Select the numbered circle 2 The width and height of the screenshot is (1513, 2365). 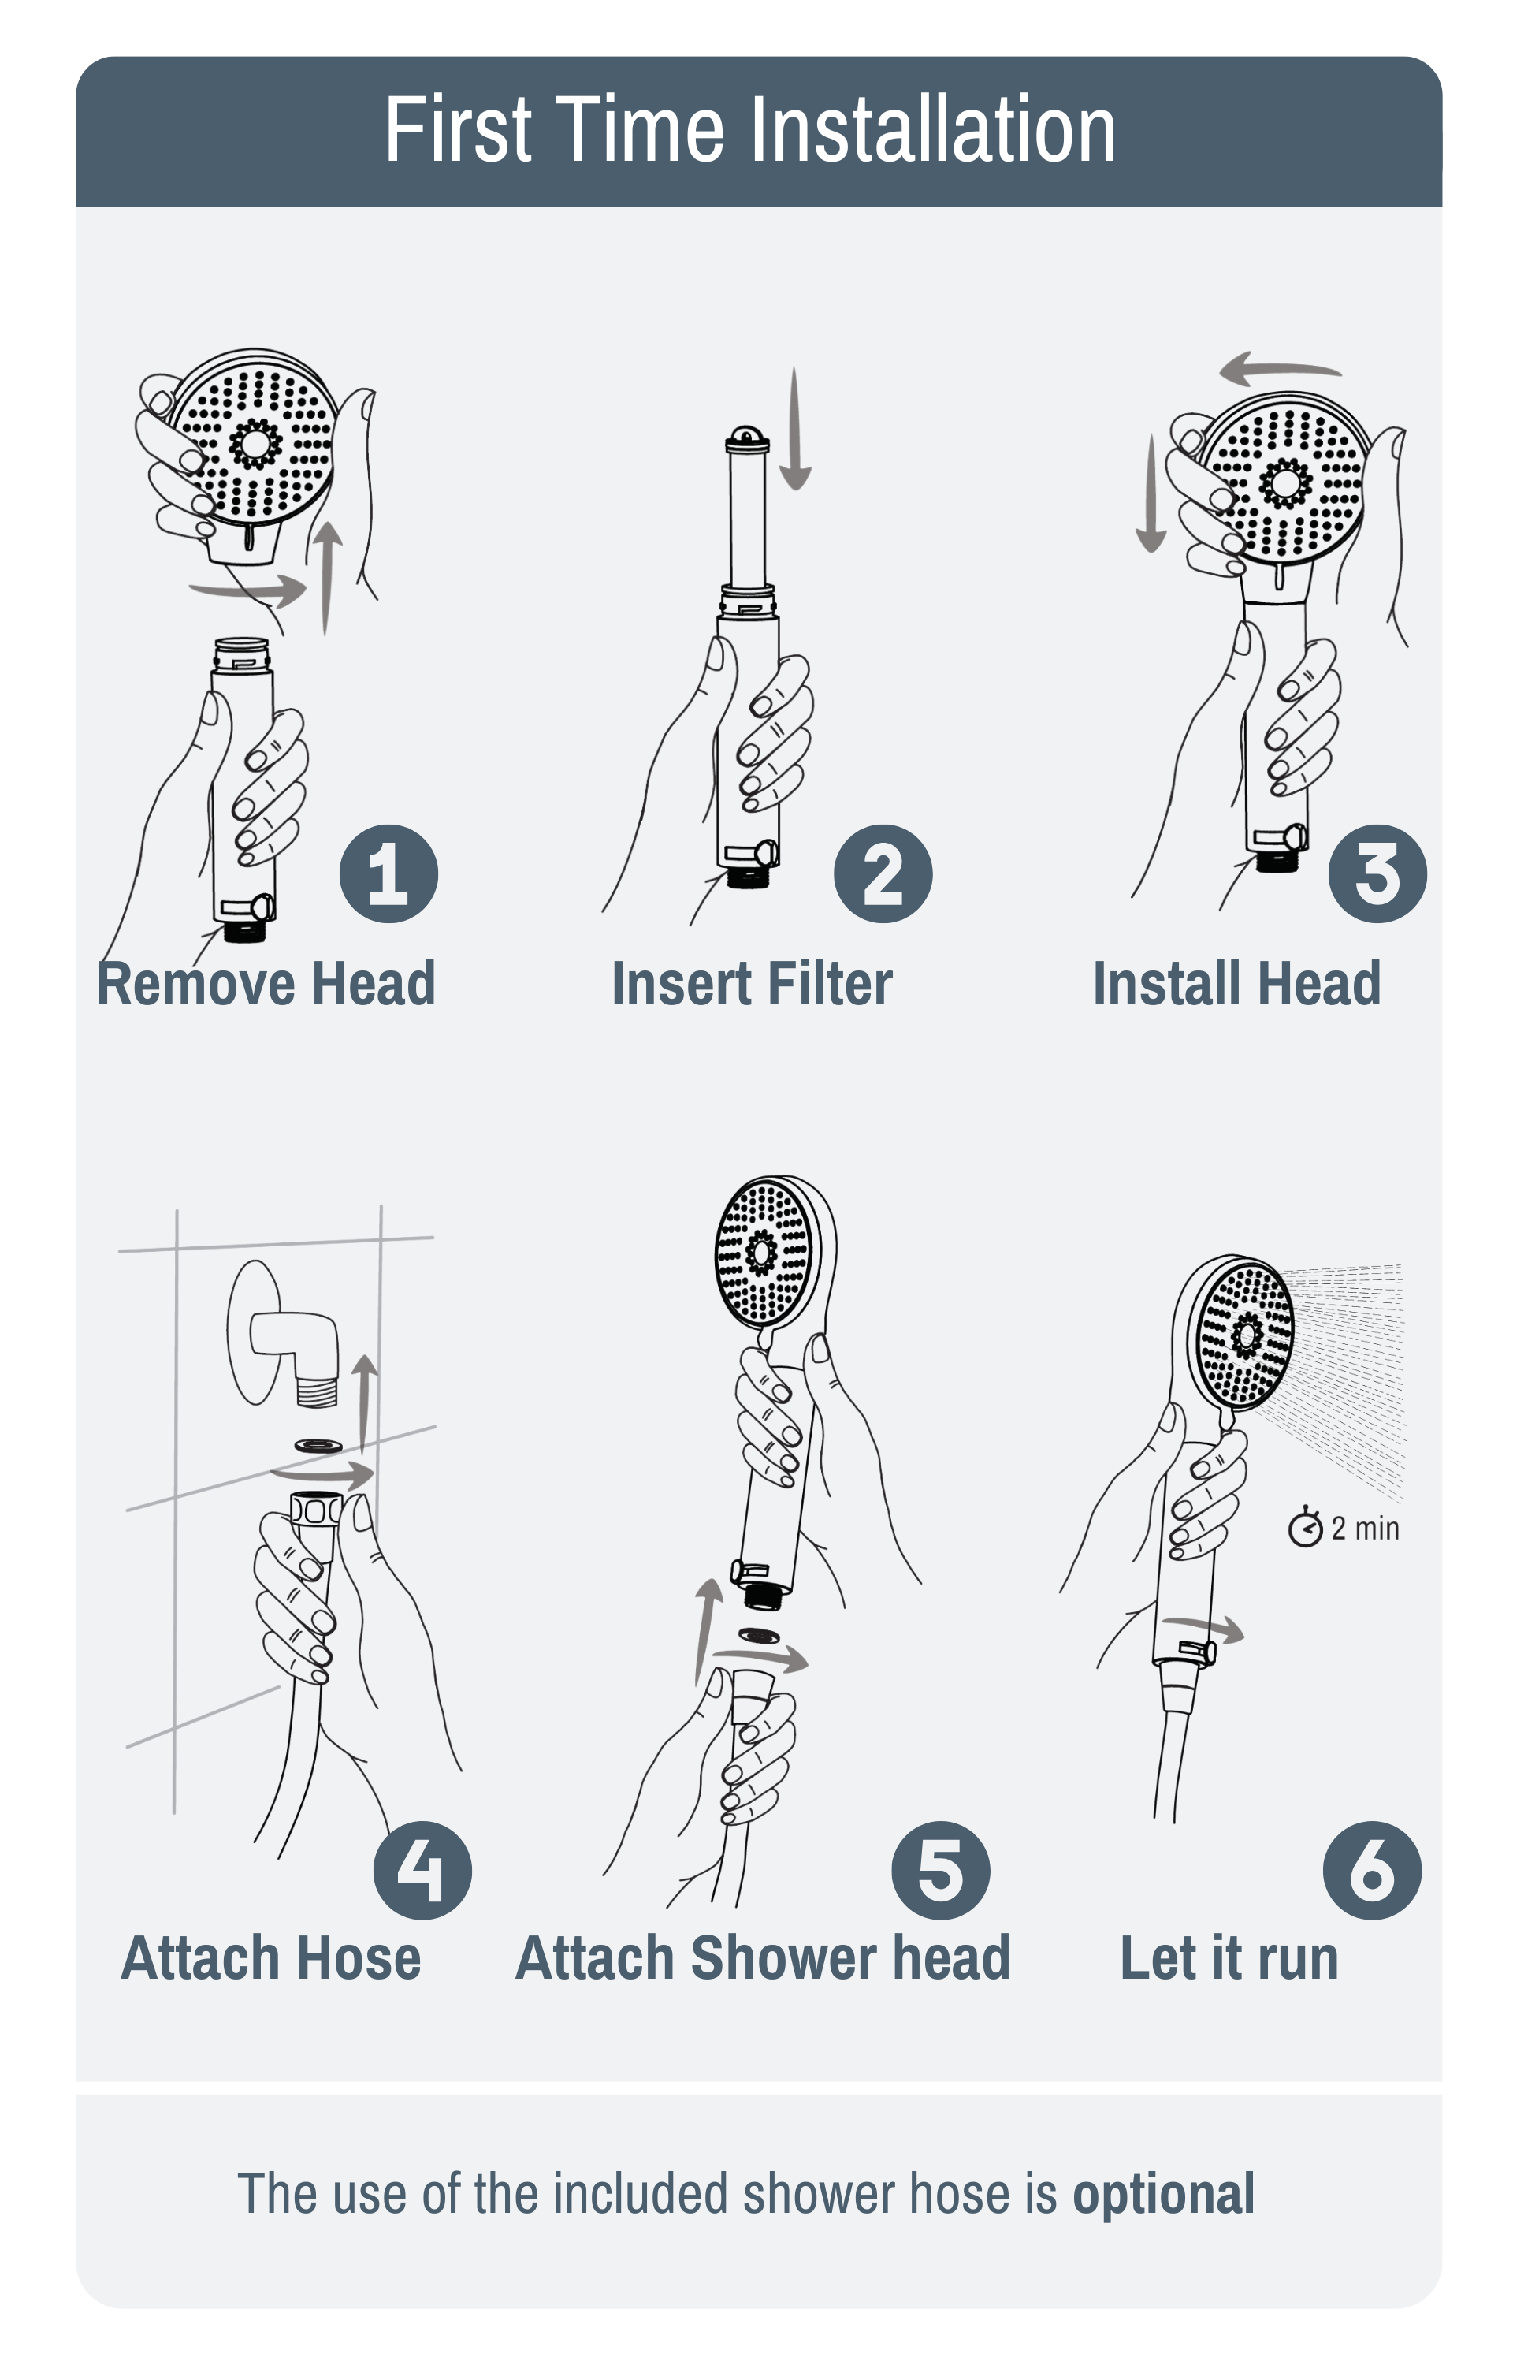(883, 873)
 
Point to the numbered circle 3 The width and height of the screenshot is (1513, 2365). (1377, 873)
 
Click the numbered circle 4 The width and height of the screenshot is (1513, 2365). (422, 1870)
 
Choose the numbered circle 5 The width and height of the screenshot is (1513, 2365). (940, 1870)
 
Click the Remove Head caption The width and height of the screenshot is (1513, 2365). (266, 984)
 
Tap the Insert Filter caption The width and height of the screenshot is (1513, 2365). (752, 984)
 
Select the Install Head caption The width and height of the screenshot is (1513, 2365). (1237, 984)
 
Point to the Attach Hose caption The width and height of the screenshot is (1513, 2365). (271, 1958)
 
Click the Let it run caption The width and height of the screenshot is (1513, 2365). (1229, 1958)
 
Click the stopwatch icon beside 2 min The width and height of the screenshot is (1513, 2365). (1305, 1528)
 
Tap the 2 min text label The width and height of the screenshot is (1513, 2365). (1366, 1529)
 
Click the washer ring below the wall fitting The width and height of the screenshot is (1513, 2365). (318, 1445)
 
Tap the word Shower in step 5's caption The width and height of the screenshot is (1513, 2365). (781, 1958)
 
